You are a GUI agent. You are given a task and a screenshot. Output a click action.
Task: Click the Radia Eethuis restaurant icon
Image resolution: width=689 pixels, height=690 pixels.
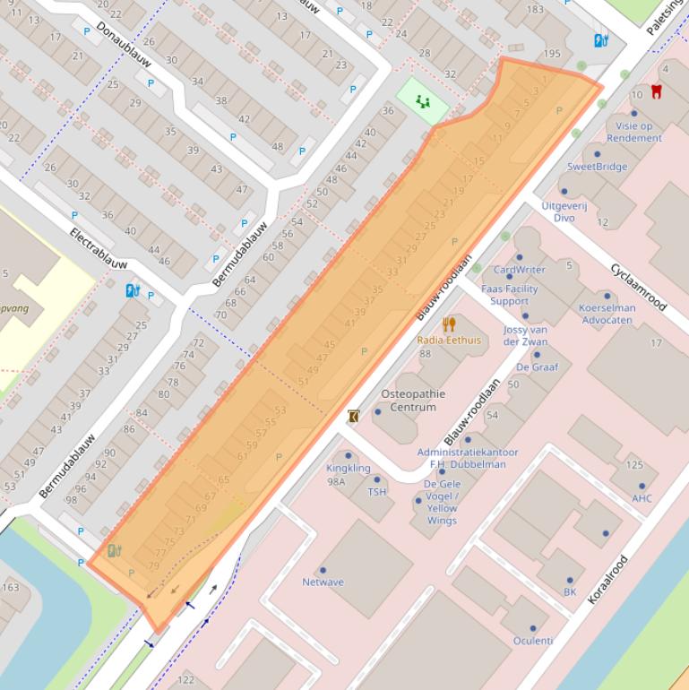(449, 324)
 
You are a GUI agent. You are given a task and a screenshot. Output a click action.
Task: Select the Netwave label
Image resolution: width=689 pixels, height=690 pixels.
(323, 582)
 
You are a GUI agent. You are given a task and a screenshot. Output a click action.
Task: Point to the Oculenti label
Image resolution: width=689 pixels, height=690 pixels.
(532, 640)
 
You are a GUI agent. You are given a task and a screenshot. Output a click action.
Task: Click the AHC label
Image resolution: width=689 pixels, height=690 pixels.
(642, 498)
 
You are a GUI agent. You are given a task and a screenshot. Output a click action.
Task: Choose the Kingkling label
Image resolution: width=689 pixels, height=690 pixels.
(349, 468)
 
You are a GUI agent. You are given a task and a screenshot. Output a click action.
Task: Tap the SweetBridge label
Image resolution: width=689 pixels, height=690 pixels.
(597, 167)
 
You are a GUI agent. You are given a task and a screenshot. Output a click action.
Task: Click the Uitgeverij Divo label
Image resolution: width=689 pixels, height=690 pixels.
(564, 211)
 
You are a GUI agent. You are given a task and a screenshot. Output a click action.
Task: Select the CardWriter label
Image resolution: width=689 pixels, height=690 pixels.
(519, 269)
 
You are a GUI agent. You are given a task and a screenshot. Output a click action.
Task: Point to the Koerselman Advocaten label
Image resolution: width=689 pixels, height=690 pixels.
(607, 314)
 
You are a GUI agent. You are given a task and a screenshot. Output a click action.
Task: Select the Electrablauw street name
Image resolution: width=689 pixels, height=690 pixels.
(99, 248)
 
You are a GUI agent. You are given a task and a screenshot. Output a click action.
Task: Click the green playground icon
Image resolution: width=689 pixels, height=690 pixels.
(422, 101)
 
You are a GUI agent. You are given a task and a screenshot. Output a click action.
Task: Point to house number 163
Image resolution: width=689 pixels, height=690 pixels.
(10, 588)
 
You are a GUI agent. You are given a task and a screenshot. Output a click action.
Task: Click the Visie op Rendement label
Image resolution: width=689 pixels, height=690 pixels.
(633, 132)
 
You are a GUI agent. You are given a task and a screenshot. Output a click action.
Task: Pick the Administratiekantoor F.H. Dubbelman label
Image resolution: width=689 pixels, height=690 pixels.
(467, 458)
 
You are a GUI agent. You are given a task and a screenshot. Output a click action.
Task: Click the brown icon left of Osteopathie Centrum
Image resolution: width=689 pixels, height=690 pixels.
(354, 416)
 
